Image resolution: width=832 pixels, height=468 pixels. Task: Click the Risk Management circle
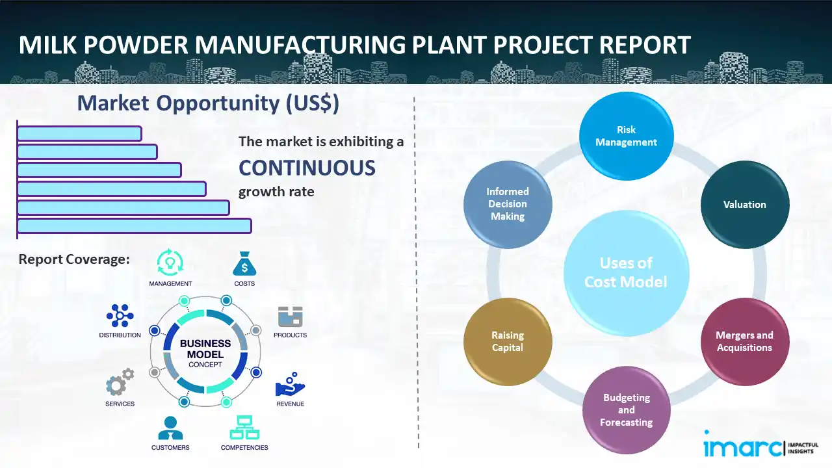pyautogui.click(x=626, y=136)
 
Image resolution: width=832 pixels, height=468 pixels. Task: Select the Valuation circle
pyautogui.click(x=744, y=204)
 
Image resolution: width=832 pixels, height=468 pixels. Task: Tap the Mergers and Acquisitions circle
pyautogui.click(x=744, y=341)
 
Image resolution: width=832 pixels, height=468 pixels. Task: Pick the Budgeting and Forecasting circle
pyautogui.click(x=626, y=409)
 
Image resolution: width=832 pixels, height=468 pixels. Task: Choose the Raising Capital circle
pyautogui.click(x=508, y=341)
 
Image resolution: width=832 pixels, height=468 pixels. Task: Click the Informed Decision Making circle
pyautogui.click(x=508, y=204)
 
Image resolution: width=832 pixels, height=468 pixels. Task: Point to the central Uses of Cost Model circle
pyautogui.click(x=626, y=272)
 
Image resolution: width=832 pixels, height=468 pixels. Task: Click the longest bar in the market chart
pyautogui.click(x=134, y=226)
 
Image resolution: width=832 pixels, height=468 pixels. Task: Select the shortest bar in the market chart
pyautogui.click(x=79, y=133)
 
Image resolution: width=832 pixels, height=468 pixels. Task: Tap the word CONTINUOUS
pyautogui.click(x=307, y=168)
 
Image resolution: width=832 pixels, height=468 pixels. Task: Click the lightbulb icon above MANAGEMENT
pyautogui.click(x=170, y=263)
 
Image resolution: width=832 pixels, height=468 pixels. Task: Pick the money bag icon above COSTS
pyautogui.click(x=244, y=264)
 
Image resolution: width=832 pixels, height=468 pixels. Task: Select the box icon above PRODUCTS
pyautogui.click(x=291, y=317)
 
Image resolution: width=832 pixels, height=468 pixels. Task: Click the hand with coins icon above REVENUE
pyautogui.click(x=290, y=385)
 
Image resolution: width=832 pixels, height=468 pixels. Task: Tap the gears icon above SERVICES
pyautogui.click(x=120, y=383)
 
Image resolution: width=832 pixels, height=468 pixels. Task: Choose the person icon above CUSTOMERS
pyautogui.click(x=170, y=428)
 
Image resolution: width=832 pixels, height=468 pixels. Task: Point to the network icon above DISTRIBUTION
pyautogui.click(x=120, y=316)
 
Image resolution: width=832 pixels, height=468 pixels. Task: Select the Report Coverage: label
pyautogui.click(x=74, y=259)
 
